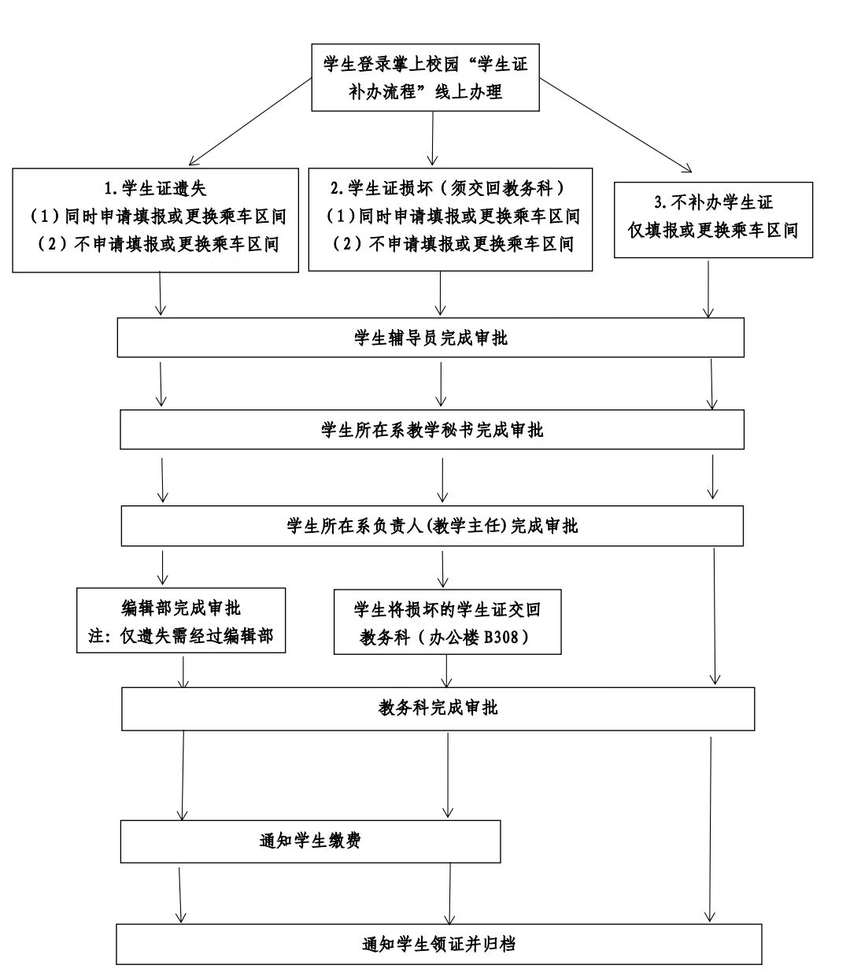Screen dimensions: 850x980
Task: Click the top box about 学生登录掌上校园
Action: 425,78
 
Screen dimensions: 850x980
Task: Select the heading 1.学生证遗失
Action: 155,188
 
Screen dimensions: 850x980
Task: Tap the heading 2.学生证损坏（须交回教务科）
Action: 447,188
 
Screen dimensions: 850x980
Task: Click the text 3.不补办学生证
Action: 713,202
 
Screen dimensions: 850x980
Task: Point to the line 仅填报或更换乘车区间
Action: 713,231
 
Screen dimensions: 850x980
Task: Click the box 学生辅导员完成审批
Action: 431,337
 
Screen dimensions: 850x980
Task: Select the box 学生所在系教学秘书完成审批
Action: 432,429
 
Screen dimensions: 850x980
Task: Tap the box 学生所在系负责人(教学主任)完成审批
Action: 432,526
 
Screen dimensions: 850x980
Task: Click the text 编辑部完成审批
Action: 180,608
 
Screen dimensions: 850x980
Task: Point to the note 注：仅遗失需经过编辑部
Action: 180,635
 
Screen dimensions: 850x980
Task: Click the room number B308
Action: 501,637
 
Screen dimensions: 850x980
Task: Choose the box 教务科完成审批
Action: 438,708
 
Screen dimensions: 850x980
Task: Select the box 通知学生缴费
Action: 310,841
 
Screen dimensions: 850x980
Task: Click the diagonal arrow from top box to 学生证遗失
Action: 250,122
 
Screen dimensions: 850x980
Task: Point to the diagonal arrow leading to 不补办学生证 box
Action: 615,125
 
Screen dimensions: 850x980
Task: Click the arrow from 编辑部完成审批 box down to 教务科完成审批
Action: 183,671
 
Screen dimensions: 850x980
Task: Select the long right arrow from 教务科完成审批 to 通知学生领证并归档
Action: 710,829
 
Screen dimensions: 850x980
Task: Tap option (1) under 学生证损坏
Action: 453,216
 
